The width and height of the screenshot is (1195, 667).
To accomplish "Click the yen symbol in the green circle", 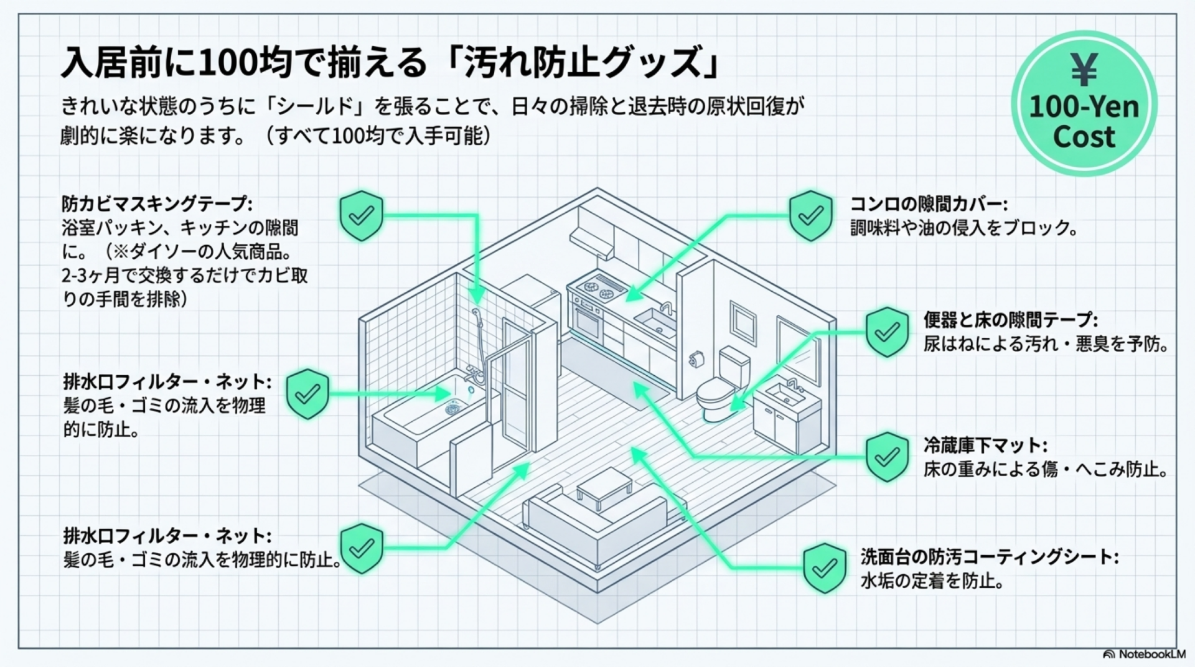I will (x=1084, y=70).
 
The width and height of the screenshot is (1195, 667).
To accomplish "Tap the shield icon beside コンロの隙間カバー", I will (x=810, y=215).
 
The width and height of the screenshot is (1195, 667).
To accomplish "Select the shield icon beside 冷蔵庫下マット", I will (x=888, y=457).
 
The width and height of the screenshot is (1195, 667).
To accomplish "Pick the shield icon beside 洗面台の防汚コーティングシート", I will (x=825, y=567).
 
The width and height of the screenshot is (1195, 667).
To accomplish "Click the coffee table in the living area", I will (x=604, y=485).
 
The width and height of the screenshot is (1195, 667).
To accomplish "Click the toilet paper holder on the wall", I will (x=696, y=359).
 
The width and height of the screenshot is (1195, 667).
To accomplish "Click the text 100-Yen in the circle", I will (x=1084, y=106).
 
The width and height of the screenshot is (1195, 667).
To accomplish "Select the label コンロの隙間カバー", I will (x=928, y=203).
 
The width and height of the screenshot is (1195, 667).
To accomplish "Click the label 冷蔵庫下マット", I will (x=985, y=445).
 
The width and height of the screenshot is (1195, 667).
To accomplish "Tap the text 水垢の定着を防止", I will (x=932, y=581).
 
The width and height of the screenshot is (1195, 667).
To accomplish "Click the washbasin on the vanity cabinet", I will (x=784, y=393).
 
